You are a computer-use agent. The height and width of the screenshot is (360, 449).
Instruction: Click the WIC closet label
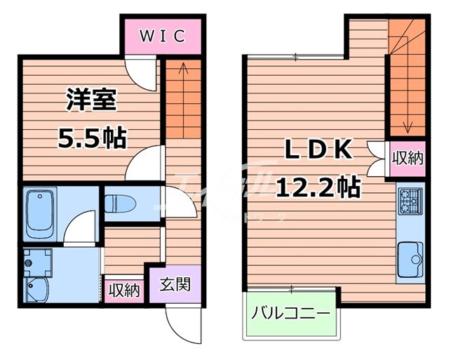(x=161, y=36)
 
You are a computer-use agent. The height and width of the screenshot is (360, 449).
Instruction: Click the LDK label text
(x=318, y=150)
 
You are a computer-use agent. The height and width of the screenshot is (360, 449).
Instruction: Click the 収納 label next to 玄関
(x=124, y=289)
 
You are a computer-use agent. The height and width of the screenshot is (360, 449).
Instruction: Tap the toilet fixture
(x=120, y=204)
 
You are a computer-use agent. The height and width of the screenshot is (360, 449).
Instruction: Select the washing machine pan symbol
(x=35, y=263)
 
